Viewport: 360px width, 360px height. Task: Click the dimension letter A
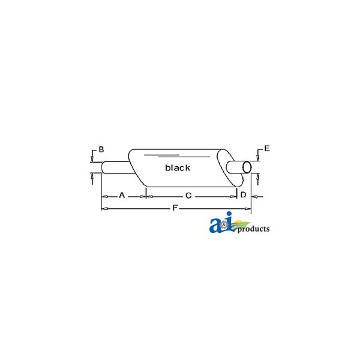[122, 196]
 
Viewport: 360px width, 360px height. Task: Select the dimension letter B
[101, 149]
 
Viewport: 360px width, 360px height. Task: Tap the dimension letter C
[188, 196]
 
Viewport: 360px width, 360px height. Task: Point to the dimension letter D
[243, 194]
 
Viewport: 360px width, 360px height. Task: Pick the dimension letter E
[267, 148]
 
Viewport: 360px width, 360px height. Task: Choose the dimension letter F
[175, 208]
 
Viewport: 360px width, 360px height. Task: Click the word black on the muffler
[178, 167]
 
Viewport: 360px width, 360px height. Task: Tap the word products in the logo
[253, 229]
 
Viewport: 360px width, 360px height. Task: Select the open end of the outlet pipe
[247, 167]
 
